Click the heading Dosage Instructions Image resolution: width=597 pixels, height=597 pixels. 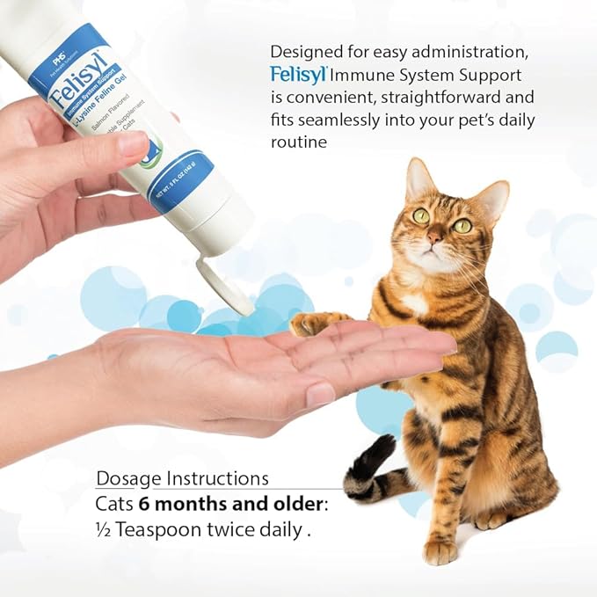point(183,479)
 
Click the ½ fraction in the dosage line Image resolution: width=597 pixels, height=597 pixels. point(103,530)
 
